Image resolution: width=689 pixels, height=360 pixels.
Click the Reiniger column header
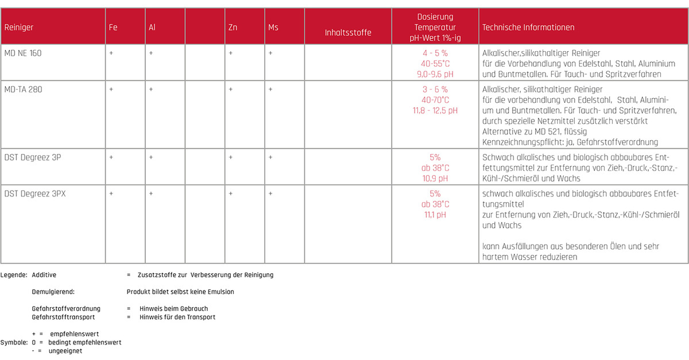pos(19,28)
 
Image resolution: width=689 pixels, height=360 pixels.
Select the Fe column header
pos(113,28)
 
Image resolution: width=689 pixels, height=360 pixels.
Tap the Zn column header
pos(233,28)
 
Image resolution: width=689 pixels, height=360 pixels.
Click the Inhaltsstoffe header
pos(348,33)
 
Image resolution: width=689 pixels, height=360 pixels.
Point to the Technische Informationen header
pos(528,28)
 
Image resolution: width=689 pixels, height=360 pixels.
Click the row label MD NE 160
pos(23,53)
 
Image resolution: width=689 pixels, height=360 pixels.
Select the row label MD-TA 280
pos(23,90)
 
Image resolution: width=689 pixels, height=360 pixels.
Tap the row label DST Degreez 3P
pos(32,157)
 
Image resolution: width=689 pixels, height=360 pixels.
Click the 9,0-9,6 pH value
pos(435,74)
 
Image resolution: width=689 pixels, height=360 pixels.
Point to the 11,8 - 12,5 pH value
pos(435,111)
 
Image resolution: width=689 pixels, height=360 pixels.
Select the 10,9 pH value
pos(435,179)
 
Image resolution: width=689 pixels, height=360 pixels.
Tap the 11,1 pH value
pos(435,215)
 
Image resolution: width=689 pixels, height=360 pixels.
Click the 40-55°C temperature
pos(435,64)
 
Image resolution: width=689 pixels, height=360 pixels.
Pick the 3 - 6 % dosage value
pos(435,90)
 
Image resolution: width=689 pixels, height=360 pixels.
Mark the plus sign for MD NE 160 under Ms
pos(270,53)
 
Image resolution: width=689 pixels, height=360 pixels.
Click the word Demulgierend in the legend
pos(53,292)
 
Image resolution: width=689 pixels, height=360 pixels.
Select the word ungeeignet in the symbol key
pos(65,351)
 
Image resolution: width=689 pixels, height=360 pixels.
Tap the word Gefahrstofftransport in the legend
pos(64,317)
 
